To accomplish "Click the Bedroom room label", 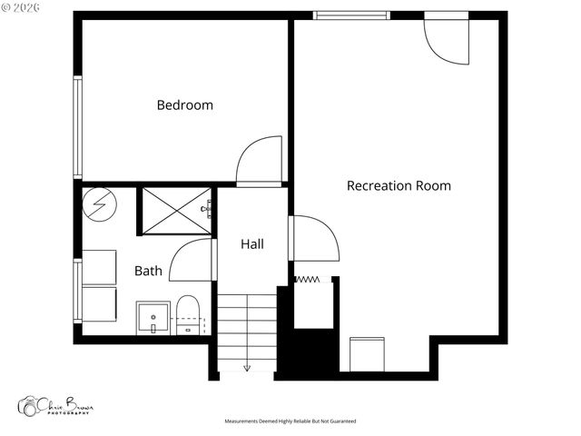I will click(x=185, y=105).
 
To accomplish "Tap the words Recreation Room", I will click(x=399, y=186).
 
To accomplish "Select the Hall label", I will click(x=252, y=244).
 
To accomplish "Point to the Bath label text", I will click(x=148, y=271).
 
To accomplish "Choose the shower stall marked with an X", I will click(x=174, y=211).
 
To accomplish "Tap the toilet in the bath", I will click(x=188, y=313).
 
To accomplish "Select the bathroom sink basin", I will click(x=153, y=318).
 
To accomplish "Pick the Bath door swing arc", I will click(x=190, y=260).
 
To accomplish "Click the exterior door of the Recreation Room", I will click(x=446, y=39).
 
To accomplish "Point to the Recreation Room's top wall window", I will click(x=351, y=15).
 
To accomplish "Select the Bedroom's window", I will click(x=78, y=127).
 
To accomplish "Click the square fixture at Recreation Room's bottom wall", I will click(x=368, y=353).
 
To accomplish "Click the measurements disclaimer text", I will click(x=290, y=421).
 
